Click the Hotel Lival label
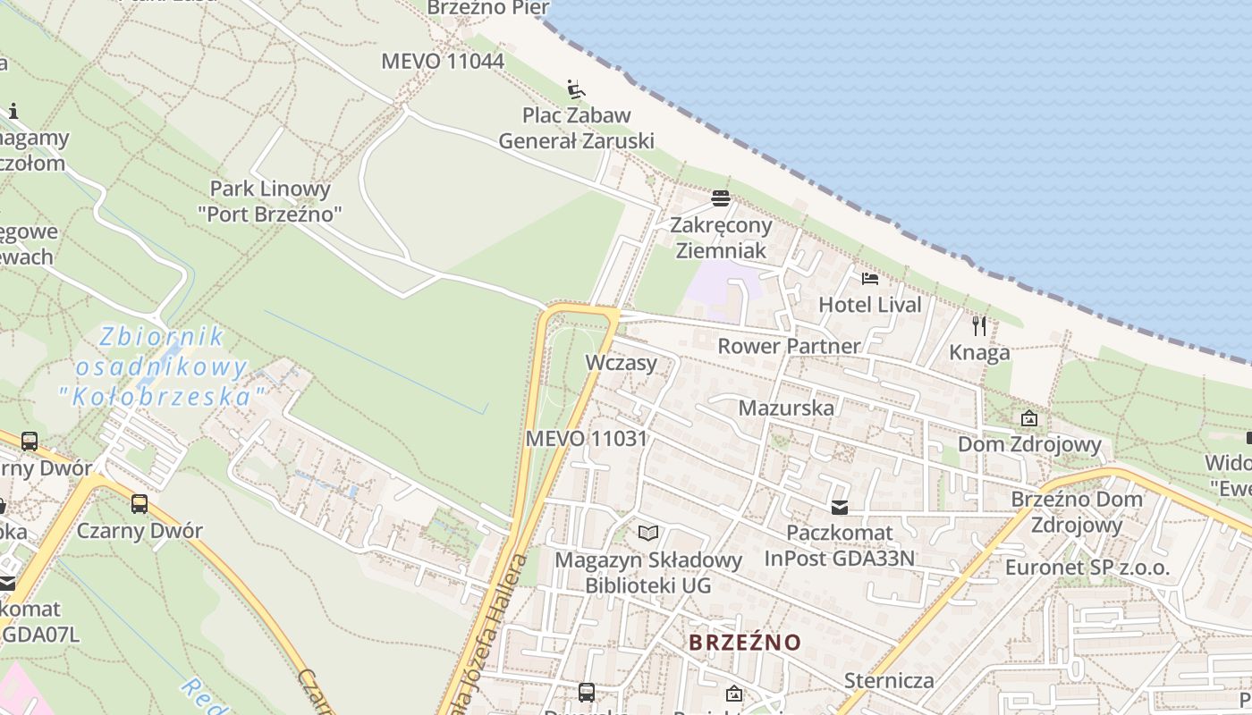[869, 305]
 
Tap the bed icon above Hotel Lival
[869, 279]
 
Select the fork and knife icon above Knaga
[979, 325]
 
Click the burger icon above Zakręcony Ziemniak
[721, 198]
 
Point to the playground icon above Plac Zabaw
[577, 89]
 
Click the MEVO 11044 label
[443, 62]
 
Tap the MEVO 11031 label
[586, 439]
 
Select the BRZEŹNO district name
[745, 642]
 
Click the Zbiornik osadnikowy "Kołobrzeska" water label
[162, 366]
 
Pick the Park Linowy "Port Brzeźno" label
[270, 201]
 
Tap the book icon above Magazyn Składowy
[648, 534]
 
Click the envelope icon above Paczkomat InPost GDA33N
[839, 508]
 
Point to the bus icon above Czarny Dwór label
[140, 503]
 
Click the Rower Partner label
[789, 346]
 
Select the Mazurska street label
[786, 408]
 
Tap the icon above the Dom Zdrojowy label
[1028, 418]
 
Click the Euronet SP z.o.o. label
[1087, 568]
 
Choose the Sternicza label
[889, 681]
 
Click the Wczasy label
[621, 363]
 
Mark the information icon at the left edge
[13, 112]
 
